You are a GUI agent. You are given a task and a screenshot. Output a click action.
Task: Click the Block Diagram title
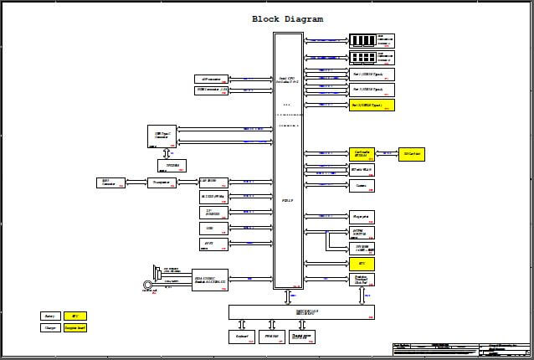point(287,19)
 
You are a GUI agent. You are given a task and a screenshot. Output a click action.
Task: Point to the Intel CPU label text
point(288,80)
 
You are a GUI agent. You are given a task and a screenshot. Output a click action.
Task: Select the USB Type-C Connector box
point(162,134)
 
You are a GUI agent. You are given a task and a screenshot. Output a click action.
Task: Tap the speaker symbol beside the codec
point(157,272)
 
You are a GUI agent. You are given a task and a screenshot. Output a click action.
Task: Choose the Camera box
point(360,185)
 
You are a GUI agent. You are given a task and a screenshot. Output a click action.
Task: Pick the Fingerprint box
point(360,216)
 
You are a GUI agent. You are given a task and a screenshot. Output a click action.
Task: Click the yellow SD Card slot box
point(411,154)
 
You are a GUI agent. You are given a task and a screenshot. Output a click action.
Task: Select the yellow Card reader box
point(360,154)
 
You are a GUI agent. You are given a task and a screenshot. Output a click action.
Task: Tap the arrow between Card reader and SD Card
point(385,154)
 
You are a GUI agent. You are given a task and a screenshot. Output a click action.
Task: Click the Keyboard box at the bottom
point(240,337)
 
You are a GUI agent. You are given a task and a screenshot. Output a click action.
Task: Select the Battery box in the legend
point(50,316)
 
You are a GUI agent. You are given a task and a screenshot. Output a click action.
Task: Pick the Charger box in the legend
point(50,328)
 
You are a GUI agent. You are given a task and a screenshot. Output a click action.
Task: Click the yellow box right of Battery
point(75,316)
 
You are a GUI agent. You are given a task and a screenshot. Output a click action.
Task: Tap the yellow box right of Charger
point(75,328)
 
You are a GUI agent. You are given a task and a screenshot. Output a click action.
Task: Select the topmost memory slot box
point(372,40)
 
